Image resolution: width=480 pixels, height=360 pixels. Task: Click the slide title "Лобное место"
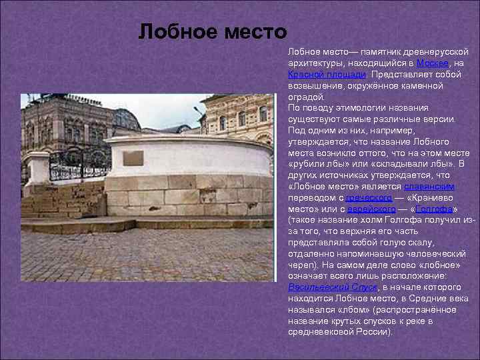[x=213, y=31]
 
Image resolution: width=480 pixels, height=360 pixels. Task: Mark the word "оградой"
[x=305, y=96]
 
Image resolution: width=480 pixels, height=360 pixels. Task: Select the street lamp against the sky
[x=198, y=113]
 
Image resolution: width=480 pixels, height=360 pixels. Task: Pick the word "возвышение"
[x=313, y=85]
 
